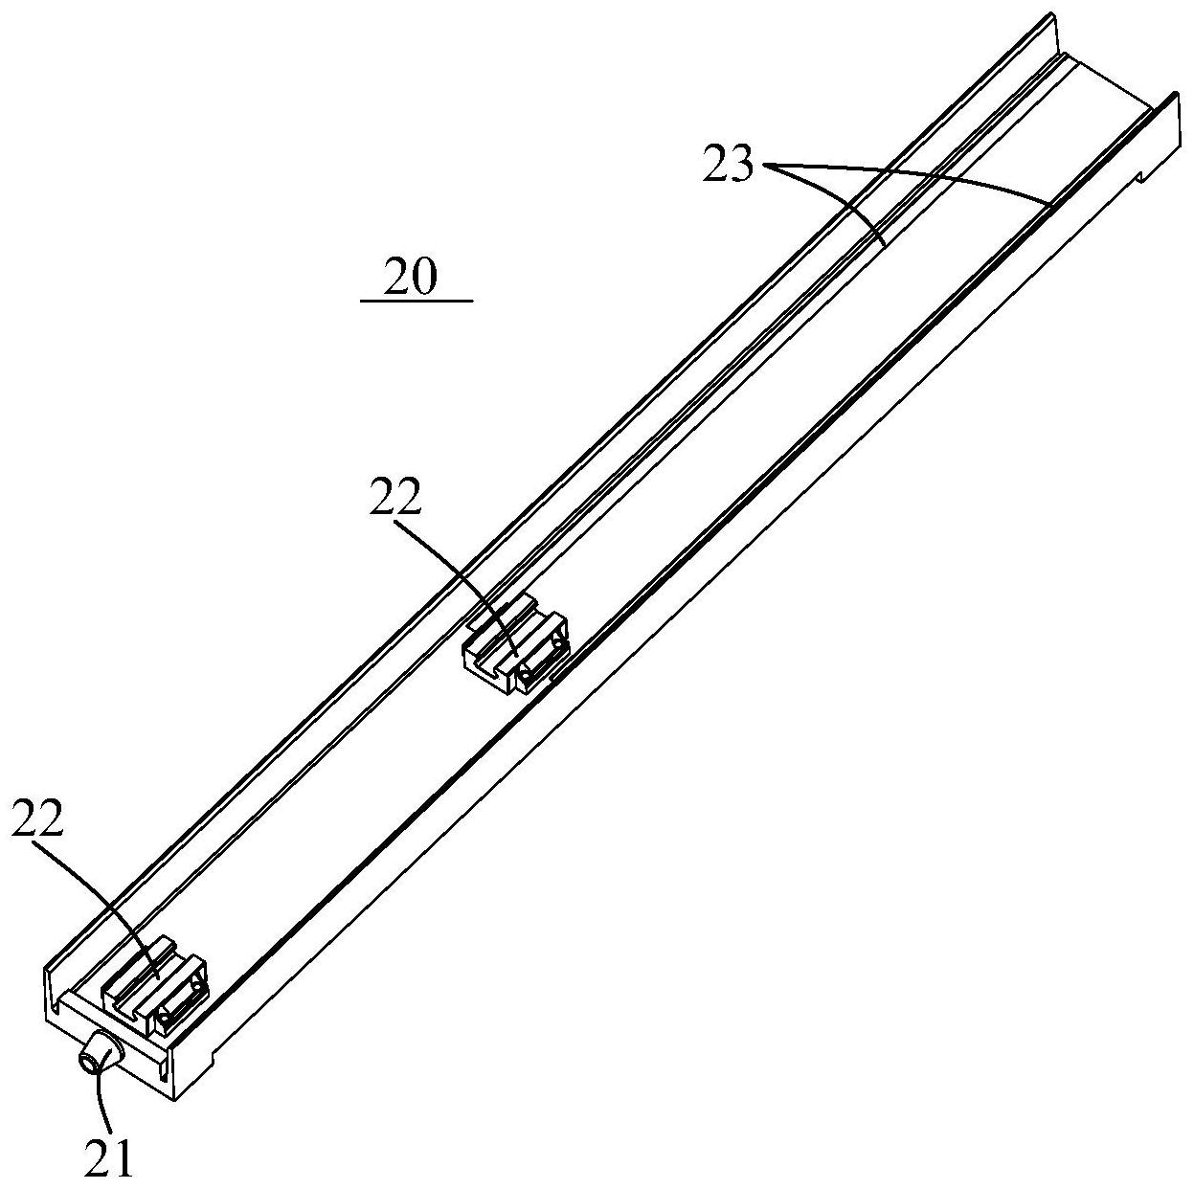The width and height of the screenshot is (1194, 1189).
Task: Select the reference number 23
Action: (728, 165)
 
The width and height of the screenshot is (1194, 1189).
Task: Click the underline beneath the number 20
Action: (417, 301)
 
